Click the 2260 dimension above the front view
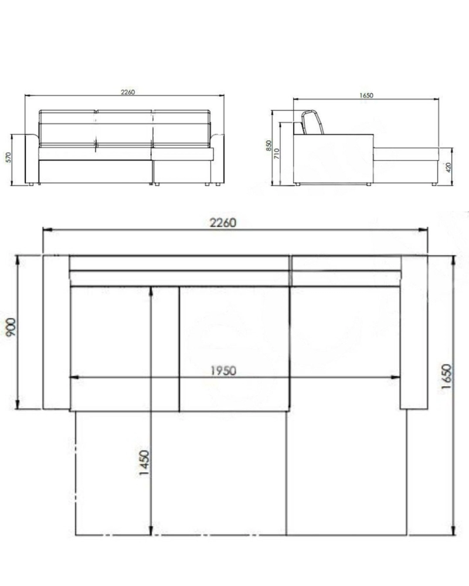(128, 92)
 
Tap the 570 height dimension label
(8, 157)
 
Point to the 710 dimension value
(277, 154)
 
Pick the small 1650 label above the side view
(366, 96)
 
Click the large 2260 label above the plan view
(223, 223)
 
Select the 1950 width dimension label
(223, 371)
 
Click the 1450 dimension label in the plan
(144, 463)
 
